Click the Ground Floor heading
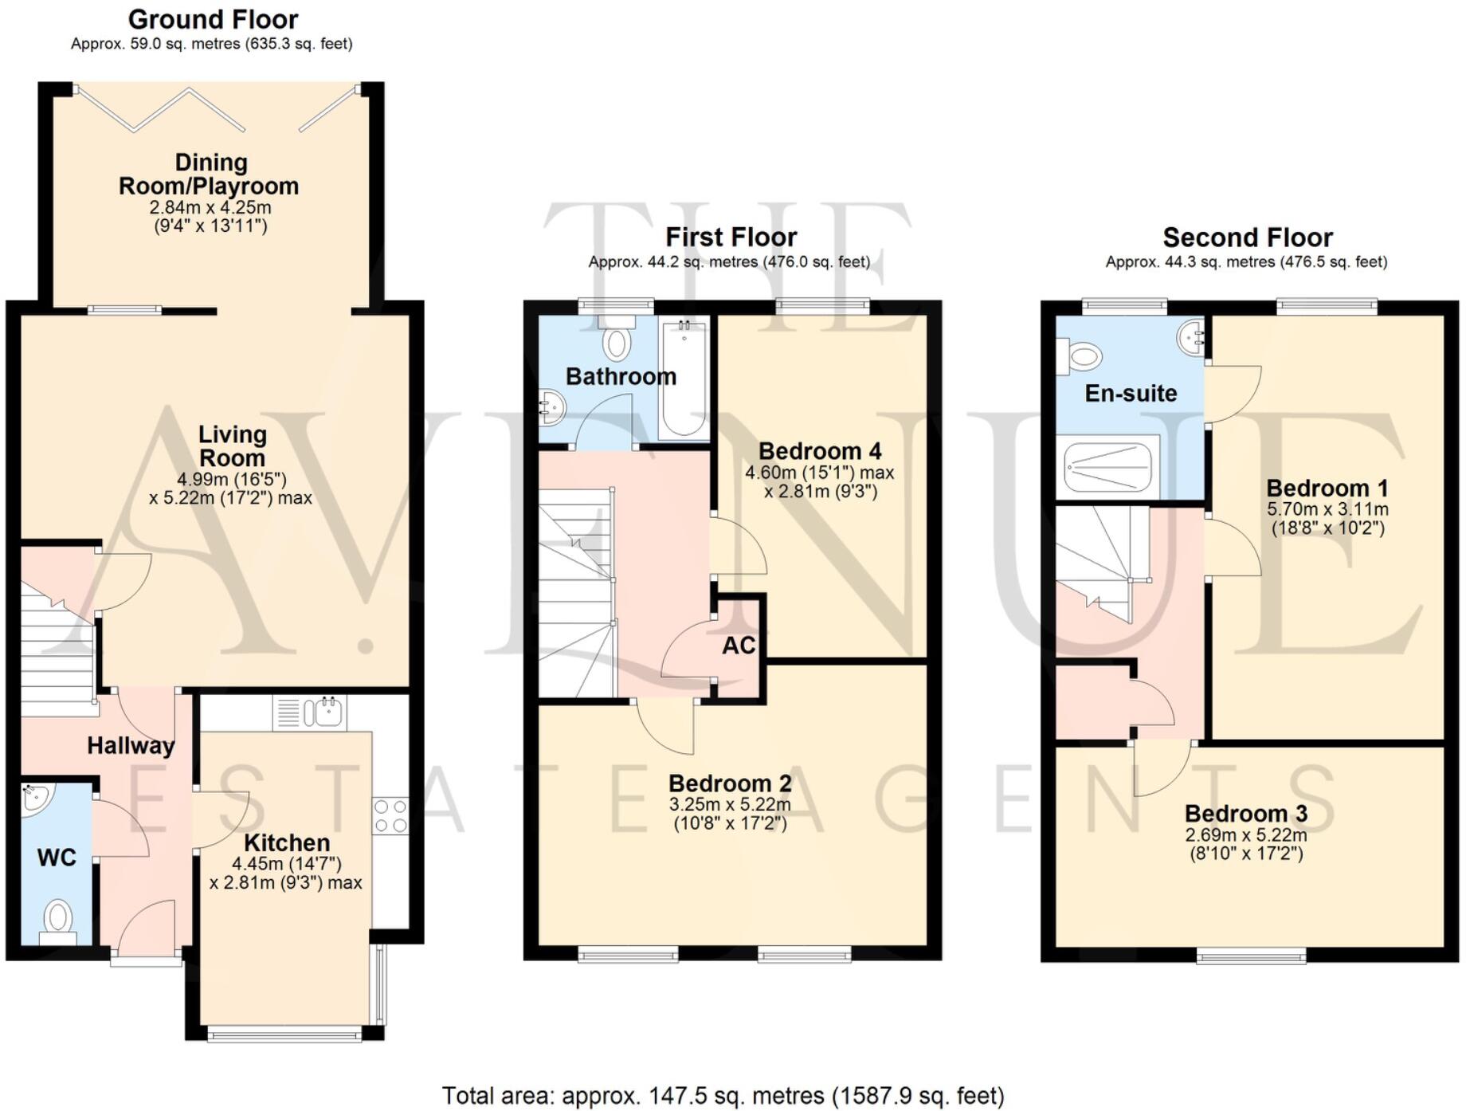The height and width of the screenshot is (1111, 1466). click(213, 19)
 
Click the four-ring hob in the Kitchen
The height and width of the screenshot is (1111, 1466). click(390, 816)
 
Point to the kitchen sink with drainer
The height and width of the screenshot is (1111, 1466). click(310, 712)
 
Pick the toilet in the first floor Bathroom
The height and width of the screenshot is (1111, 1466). click(617, 339)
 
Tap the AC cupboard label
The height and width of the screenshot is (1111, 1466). click(739, 646)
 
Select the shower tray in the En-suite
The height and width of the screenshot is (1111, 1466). click(1107, 467)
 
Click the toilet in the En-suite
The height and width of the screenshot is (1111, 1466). click(1080, 355)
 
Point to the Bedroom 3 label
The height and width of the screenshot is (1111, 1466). click(1245, 814)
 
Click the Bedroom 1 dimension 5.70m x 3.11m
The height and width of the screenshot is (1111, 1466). click(1327, 509)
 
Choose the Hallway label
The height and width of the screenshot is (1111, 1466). click(131, 746)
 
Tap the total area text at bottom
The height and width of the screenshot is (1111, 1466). click(723, 1096)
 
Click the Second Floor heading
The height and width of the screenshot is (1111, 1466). click(1247, 238)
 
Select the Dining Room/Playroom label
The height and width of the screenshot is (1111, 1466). click(210, 175)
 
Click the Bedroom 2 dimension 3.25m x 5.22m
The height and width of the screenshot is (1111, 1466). click(730, 805)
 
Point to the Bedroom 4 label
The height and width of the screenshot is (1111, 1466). click(820, 451)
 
